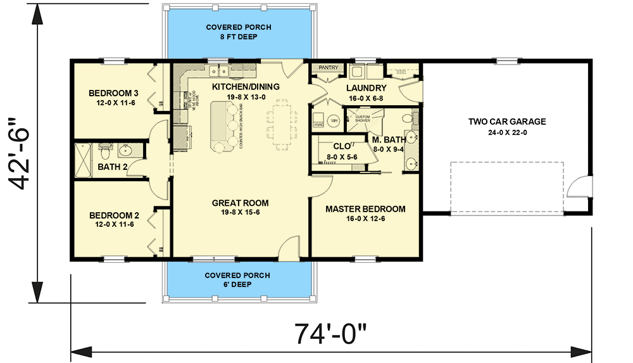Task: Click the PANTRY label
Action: coord(329,68)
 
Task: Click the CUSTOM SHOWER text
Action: coord(362,118)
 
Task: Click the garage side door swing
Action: coord(577,188)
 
